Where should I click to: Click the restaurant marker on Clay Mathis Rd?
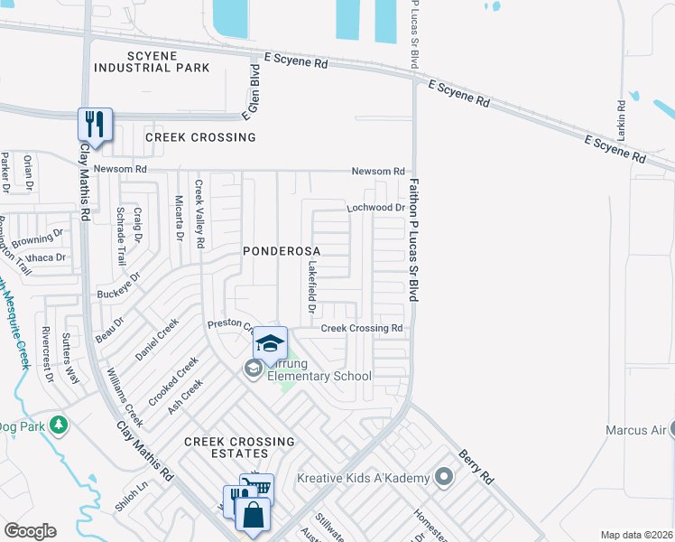pyautogui.click(x=94, y=124)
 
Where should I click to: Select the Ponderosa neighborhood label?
pyautogui.click(x=281, y=248)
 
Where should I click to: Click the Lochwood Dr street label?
pyautogui.click(x=375, y=208)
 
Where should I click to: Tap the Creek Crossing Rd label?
pyautogui.click(x=362, y=329)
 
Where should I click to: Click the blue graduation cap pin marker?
pyautogui.click(x=269, y=343)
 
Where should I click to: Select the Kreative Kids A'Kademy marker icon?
pyautogui.click(x=443, y=476)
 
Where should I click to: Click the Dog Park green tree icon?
pyautogui.click(x=59, y=424)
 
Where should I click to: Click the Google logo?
pyautogui.click(x=30, y=531)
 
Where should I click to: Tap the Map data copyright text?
pyautogui.click(x=636, y=535)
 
